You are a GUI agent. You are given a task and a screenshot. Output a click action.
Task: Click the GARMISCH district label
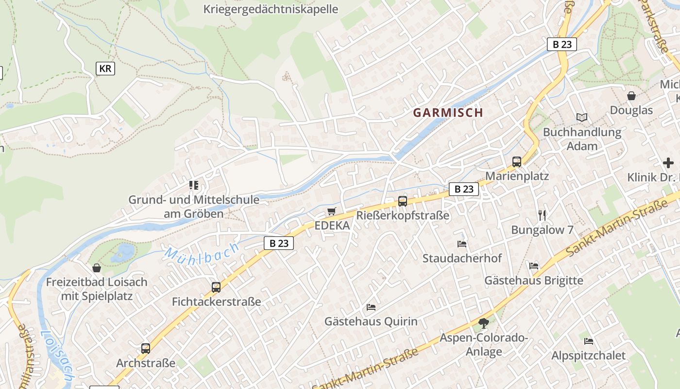coord(448,113)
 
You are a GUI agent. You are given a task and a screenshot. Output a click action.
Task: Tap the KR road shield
coord(105,69)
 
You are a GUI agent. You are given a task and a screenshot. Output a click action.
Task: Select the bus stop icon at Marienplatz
coord(517,162)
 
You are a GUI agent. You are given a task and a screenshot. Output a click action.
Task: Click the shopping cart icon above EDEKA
coord(332,212)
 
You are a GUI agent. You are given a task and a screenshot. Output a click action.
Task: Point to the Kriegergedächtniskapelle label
coord(271,9)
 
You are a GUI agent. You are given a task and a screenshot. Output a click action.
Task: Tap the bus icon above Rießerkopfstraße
coord(403,201)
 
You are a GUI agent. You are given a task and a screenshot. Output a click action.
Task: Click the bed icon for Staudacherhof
coord(461,244)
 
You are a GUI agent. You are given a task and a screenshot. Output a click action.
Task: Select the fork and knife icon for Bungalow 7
coord(542,215)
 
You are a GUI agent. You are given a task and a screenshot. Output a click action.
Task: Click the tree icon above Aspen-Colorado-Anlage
coord(483,323)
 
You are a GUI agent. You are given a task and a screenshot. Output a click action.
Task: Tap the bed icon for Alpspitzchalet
coord(589,341)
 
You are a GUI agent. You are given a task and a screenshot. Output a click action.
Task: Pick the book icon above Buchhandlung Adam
coord(581,117)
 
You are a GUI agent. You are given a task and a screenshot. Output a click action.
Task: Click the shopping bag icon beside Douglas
coord(631,96)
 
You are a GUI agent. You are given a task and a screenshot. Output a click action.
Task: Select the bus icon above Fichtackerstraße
coord(216,287)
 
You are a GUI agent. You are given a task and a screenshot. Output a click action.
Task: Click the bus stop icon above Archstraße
coord(145,348)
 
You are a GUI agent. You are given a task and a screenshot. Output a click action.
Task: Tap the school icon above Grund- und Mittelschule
coord(194,185)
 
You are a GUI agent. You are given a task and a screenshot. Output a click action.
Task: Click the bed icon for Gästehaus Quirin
coord(371,307)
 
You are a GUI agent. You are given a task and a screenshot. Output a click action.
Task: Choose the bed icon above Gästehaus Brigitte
coord(534,266)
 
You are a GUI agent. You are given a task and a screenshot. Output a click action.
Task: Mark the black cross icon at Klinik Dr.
coord(668,163)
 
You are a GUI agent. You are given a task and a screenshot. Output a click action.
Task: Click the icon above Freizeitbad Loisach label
coord(97,268)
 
